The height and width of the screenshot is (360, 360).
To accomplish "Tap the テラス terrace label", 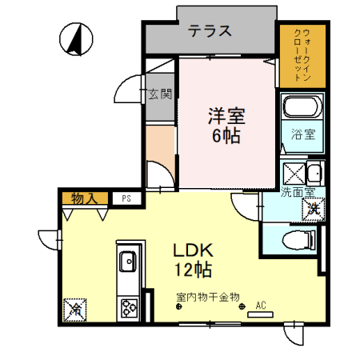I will pyautogui.click(x=210, y=31).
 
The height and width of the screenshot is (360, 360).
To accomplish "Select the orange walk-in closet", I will pyautogui.click(x=302, y=55).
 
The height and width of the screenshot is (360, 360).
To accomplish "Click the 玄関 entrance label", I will pyautogui.click(x=159, y=94).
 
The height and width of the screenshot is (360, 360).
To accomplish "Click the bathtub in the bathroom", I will pyautogui.click(x=302, y=108).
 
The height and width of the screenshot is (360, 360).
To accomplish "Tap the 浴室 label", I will pyautogui.click(x=302, y=135).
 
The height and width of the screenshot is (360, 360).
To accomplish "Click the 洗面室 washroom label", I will pyautogui.click(x=297, y=192).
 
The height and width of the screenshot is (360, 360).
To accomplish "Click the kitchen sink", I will pyautogui.click(x=127, y=261).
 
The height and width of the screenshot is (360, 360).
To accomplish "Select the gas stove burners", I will pyautogui.click(x=127, y=306).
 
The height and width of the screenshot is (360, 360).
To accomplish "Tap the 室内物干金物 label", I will pyautogui.click(x=208, y=298).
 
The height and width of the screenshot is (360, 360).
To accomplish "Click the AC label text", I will pyautogui.click(x=260, y=305).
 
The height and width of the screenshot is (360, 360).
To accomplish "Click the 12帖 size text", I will pyautogui.click(x=193, y=269).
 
